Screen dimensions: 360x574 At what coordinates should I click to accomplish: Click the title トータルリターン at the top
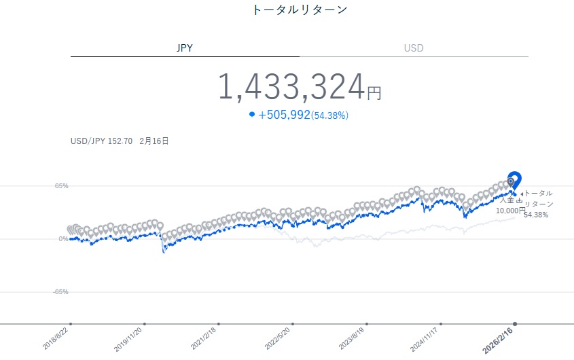[x=299, y=10]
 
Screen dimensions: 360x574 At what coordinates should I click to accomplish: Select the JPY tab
[x=185, y=48]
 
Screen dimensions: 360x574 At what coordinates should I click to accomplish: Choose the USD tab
[x=414, y=48]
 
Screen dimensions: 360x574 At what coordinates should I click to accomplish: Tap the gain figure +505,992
[x=284, y=115]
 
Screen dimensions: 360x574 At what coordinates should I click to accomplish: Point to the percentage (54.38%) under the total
[x=329, y=115]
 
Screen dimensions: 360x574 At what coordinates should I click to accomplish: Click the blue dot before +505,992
[x=252, y=115]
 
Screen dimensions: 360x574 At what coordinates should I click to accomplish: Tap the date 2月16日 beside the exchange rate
[x=154, y=142]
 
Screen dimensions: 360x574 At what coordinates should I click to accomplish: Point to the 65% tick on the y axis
[x=61, y=185]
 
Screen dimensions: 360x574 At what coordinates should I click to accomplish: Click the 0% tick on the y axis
[x=63, y=238]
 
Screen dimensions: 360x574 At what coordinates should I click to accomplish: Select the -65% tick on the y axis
[x=60, y=291]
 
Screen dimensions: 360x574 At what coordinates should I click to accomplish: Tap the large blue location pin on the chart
[x=515, y=180]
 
